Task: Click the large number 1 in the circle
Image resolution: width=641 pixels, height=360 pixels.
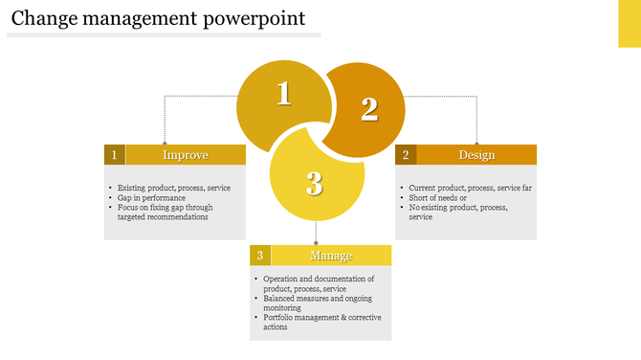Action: pyautogui.click(x=283, y=94)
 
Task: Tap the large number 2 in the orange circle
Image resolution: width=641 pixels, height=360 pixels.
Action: pyautogui.click(x=369, y=109)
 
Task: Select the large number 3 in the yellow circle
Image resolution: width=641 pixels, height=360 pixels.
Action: pyautogui.click(x=315, y=182)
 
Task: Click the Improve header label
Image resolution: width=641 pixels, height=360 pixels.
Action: pyautogui.click(x=186, y=155)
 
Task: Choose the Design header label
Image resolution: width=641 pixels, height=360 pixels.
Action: pyautogui.click(x=476, y=155)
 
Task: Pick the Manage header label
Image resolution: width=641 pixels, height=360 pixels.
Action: pyautogui.click(x=331, y=256)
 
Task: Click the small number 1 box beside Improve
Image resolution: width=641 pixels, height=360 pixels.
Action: pyautogui.click(x=115, y=155)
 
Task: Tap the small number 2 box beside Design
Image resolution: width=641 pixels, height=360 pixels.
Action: pyautogui.click(x=406, y=155)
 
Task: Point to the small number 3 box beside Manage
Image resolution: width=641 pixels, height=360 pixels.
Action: pyautogui.click(x=260, y=256)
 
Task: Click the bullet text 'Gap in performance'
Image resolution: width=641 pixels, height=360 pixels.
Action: pyautogui.click(x=151, y=197)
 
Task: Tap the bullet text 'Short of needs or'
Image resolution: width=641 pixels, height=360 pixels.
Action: pyautogui.click(x=439, y=197)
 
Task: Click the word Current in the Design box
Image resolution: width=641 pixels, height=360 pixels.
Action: pyautogui.click(x=422, y=188)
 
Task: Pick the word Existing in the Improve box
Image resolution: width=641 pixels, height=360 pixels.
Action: pyautogui.click(x=133, y=188)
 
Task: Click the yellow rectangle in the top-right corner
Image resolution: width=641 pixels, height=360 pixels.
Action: pyautogui.click(x=629, y=23)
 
